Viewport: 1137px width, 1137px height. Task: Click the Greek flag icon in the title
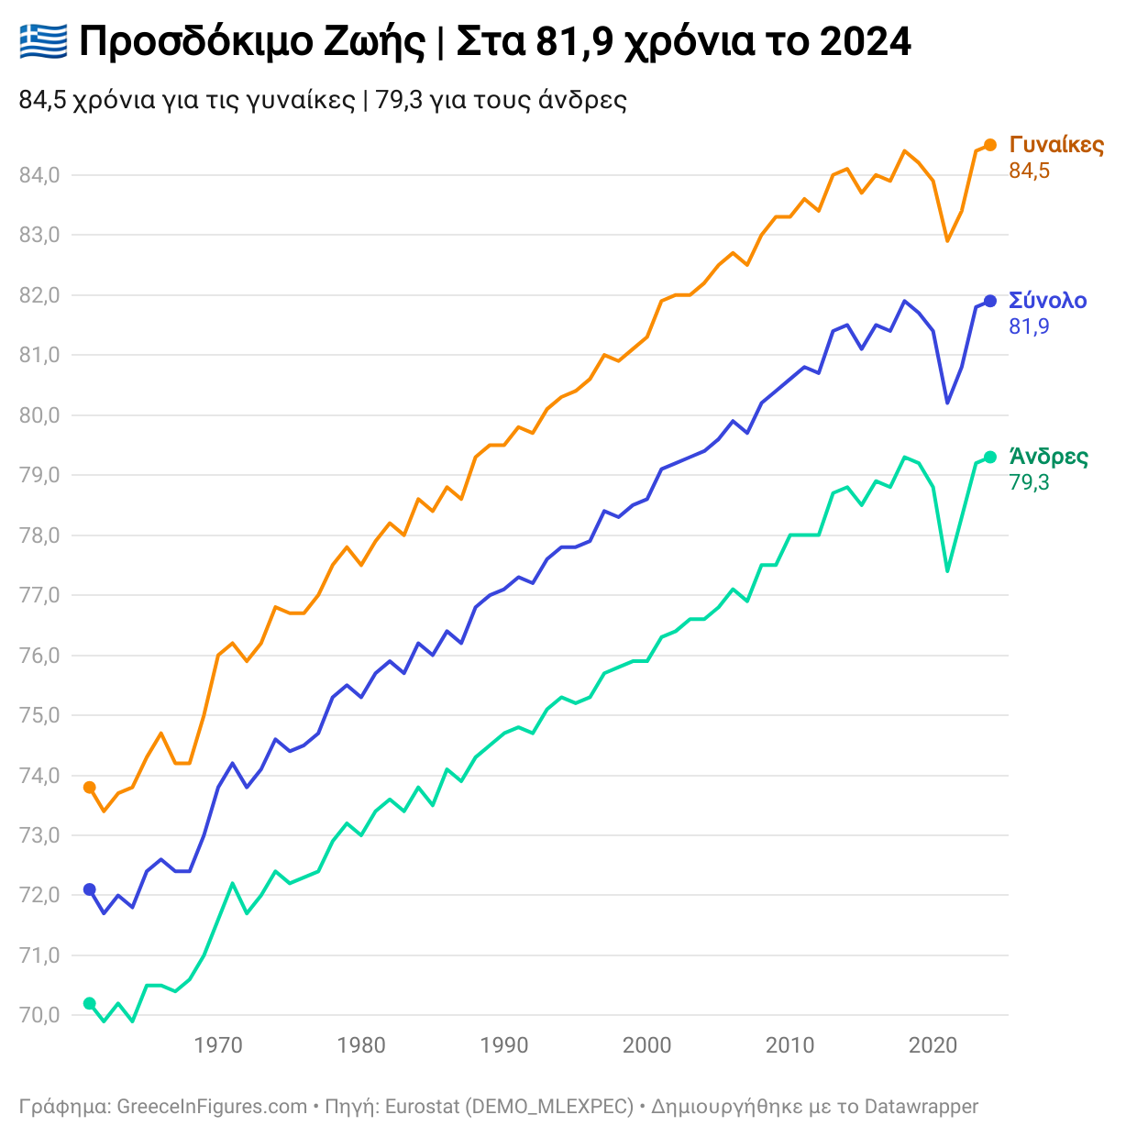click(x=43, y=41)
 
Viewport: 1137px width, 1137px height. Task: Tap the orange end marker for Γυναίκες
click(x=990, y=145)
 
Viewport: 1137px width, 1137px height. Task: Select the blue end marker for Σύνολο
click(x=990, y=301)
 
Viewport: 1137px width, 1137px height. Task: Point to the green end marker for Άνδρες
click(x=990, y=458)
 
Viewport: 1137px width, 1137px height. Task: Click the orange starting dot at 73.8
click(x=89, y=788)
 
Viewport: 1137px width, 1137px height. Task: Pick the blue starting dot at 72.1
click(x=89, y=889)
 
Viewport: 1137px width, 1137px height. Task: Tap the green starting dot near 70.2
click(x=89, y=1003)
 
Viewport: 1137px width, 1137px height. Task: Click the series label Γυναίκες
click(x=1056, y=145)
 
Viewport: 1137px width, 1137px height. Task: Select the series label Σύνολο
click(x=1048, y=301)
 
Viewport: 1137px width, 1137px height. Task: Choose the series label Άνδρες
click(x=1049, y=457)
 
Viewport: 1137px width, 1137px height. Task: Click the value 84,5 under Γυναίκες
click(x=1029, y=171)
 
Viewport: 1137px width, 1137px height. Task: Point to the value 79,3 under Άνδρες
click(x=1029, y=483)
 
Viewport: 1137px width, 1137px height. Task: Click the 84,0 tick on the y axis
click(x=39, y=175)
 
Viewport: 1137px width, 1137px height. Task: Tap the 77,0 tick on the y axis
click(x=39, y=596)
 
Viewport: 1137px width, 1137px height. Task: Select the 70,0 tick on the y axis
click(x=39, y=1016)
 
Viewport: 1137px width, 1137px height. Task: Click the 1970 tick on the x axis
click(x=218, y=1046)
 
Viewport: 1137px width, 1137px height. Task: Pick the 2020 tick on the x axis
click(x=933, y=1046)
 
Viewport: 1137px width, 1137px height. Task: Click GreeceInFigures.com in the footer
click(x=212, y=1107)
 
